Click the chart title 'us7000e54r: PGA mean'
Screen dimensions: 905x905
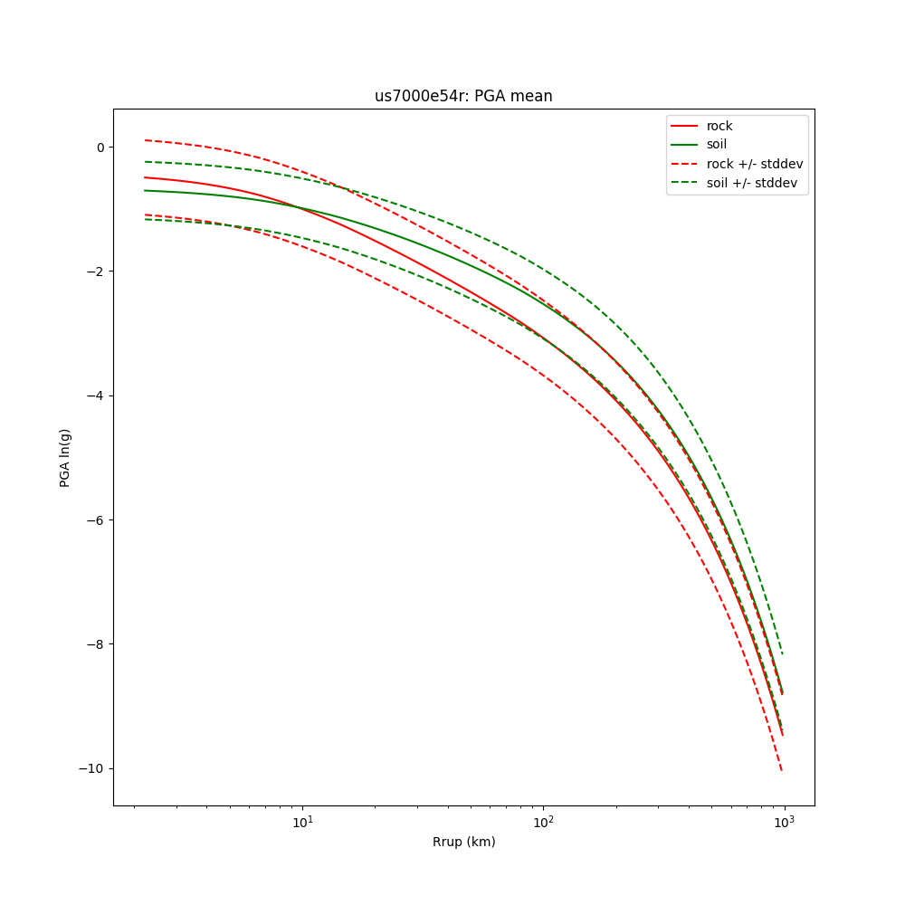[x=463, y=96]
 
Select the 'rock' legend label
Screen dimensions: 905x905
[x=719, y=126]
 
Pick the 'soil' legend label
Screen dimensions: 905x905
[x=717, y=145]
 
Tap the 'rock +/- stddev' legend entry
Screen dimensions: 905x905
[x=755, y=164]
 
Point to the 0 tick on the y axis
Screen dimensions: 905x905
[x=100, y=148]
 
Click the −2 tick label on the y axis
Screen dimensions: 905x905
[x=96, y=271]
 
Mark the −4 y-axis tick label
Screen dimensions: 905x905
[x=96, y=395]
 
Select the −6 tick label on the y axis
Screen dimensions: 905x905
[x=96, y=520]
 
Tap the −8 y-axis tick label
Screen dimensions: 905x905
[x=96, y=644]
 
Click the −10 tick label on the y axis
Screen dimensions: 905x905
[x=92, y=768]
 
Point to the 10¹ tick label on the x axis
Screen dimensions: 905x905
[x=302, y=822]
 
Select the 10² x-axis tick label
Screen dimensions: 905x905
[x=543, y=822]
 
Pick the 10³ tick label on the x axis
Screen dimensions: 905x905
[x=784, y=822]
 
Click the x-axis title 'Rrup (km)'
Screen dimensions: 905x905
[x=463, y=843]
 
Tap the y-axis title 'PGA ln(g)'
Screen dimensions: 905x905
[x=65, y=457]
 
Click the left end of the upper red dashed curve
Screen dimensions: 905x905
[x=145, y=140]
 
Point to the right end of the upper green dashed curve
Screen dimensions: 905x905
[x=782, y=653]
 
